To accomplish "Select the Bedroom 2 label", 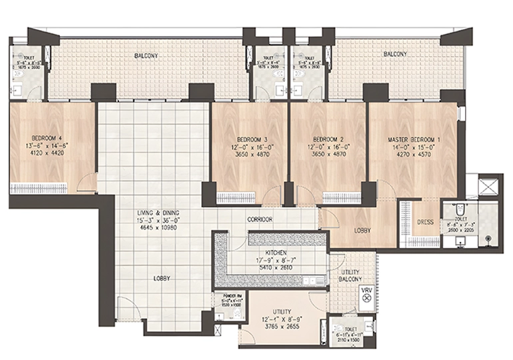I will click(326, 139).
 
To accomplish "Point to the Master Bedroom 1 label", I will click(414, 140).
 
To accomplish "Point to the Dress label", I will click(425, 223).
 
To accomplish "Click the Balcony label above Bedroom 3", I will click(145, 56).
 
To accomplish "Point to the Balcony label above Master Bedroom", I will click(395, 53).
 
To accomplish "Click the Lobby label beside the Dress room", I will click(362, 231).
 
